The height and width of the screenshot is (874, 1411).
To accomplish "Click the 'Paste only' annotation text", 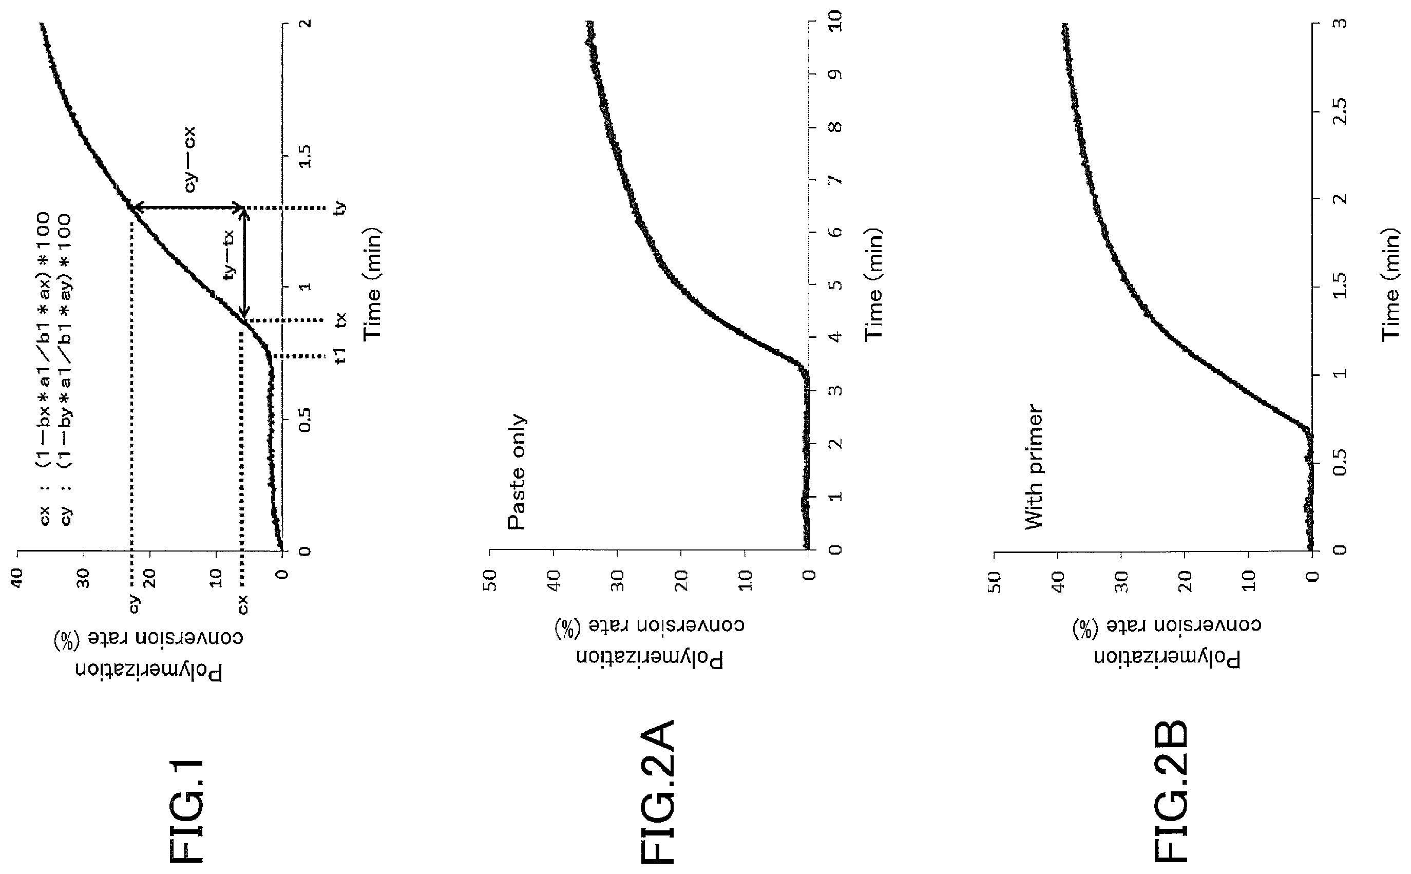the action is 517,472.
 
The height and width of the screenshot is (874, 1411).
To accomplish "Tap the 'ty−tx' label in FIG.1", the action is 230,255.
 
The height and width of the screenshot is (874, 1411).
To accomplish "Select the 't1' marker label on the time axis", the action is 341,355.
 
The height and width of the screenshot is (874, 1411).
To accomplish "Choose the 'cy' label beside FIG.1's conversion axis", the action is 134,604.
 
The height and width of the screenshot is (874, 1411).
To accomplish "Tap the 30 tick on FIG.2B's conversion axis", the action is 1120,579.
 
